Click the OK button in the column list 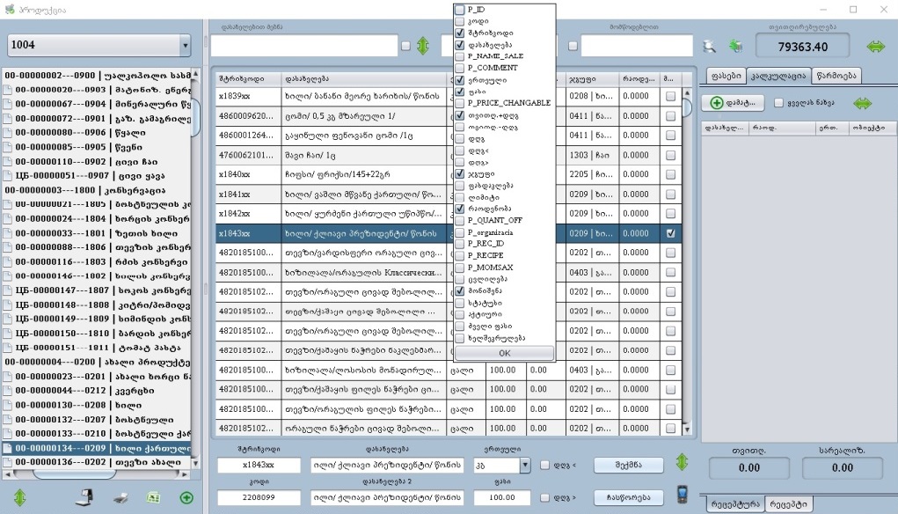pyautogui.click(x=504, y=353)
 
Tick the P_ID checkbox pyautogui.click(x=460, y=10)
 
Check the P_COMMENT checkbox pyautogui.click(x=460, y=68)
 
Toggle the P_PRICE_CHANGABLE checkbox pyautogui.click(x=460, y=103)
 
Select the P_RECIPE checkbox pyautogui.click(x=460, y=255)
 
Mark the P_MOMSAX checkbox pyautogui.click(x=460, y=267)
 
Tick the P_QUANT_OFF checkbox pyautogui.click(x=460, y=220)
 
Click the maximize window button pyautogui.click(x=852, y=9)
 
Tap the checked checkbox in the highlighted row pyautogui.click(x=671, y=234)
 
